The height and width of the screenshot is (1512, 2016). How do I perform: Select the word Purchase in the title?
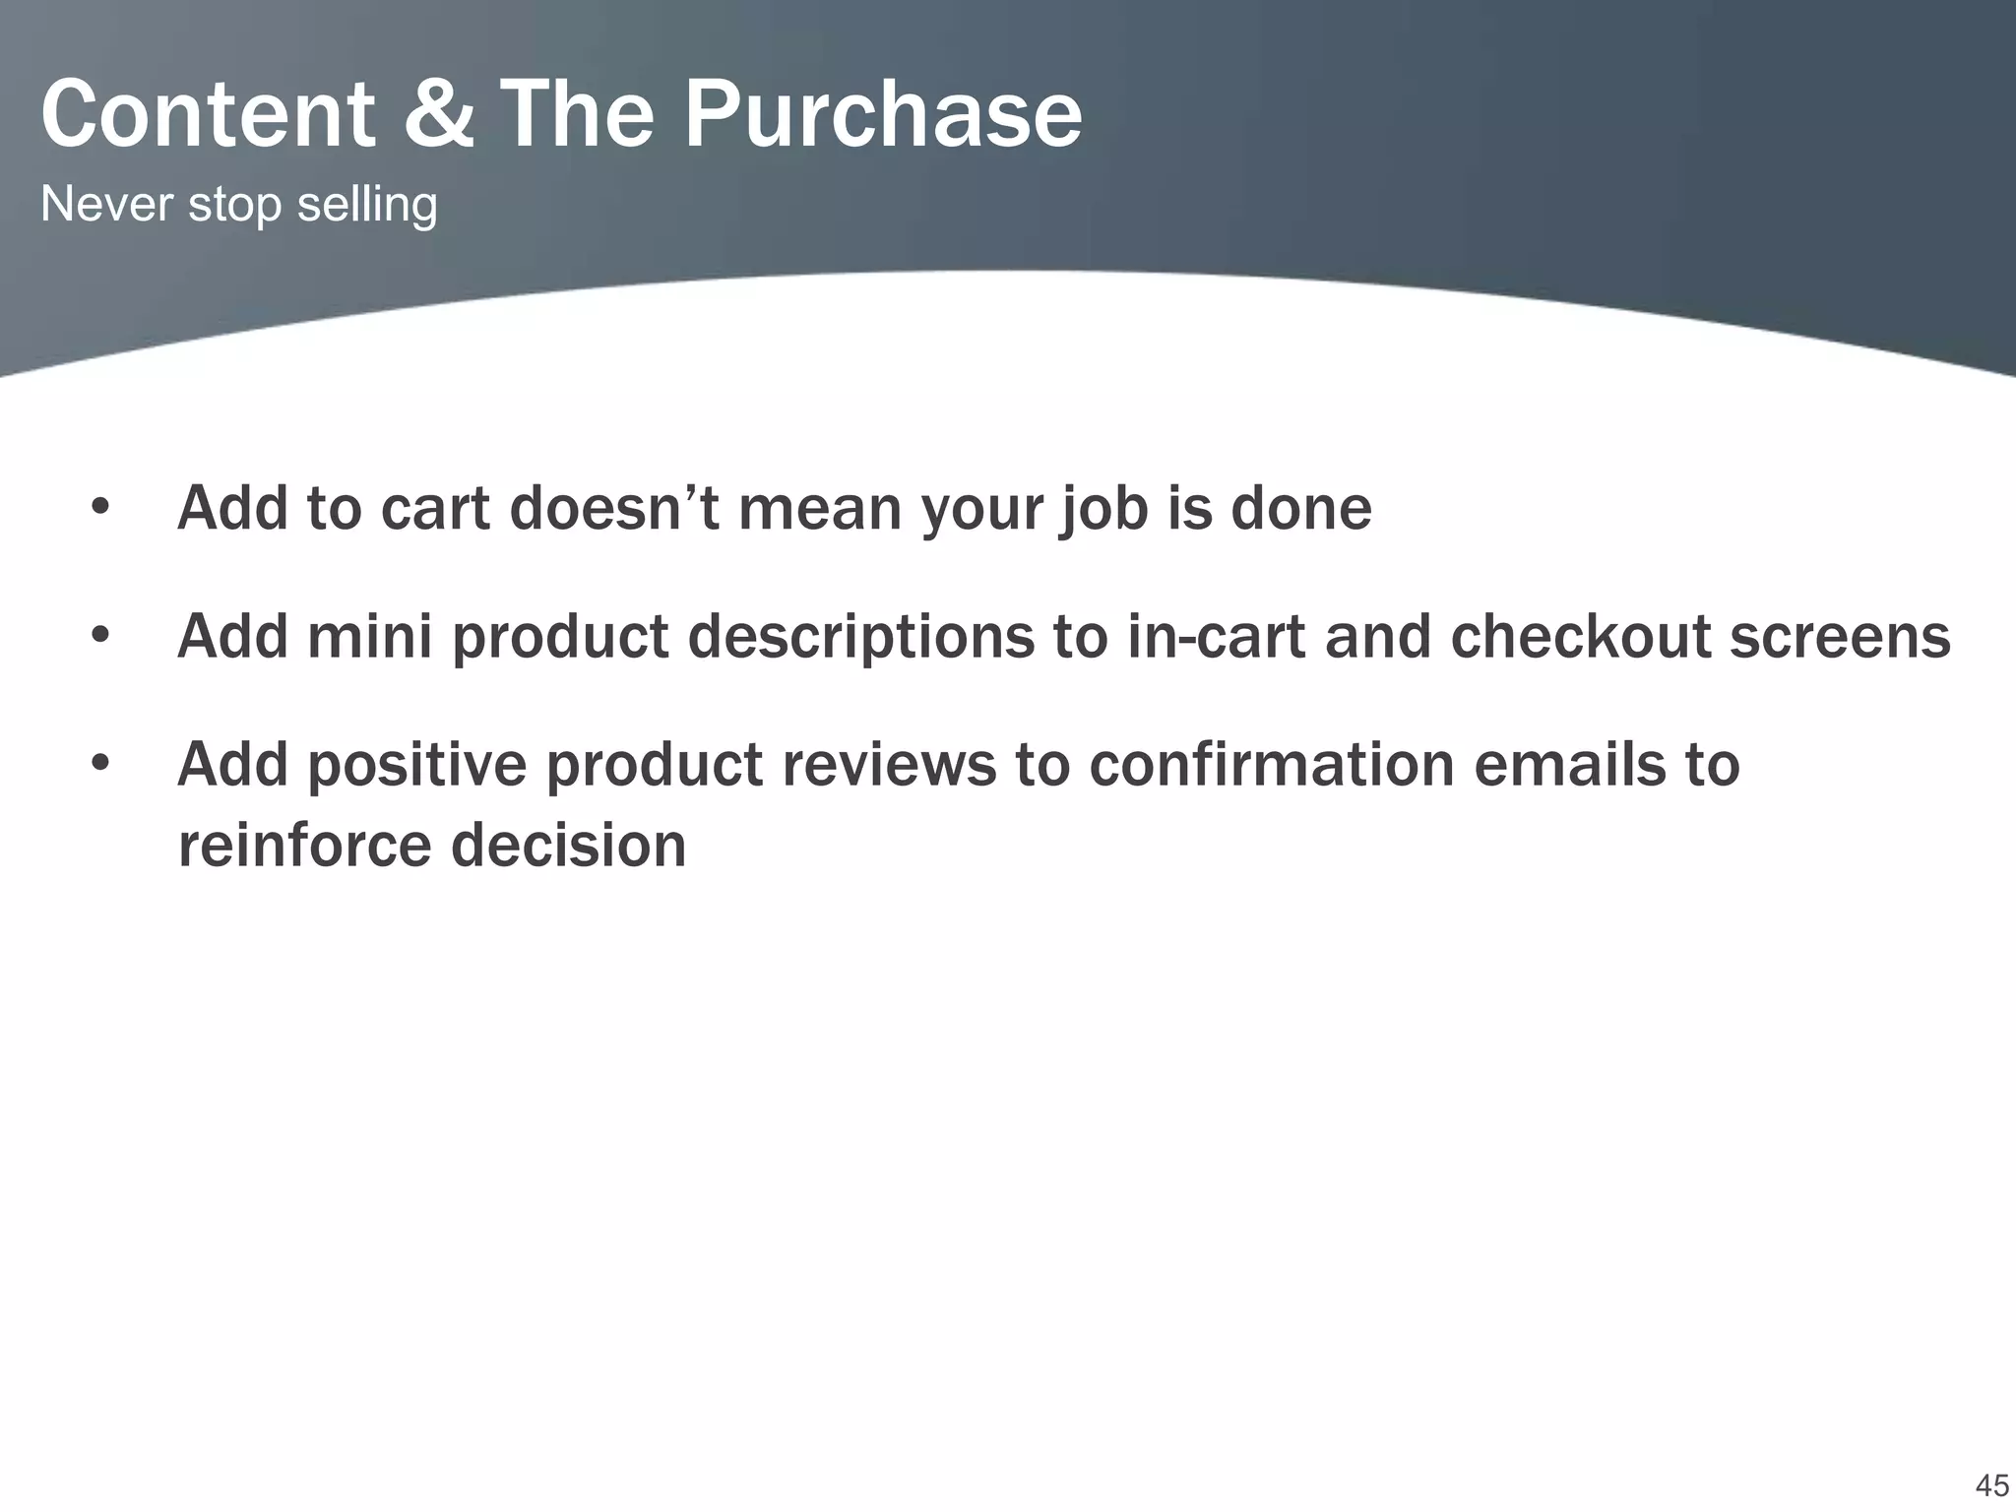pos(882,116)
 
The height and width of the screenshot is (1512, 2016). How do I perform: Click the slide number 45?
pos(1991,1484)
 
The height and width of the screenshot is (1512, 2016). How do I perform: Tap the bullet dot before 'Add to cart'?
pos(99,509)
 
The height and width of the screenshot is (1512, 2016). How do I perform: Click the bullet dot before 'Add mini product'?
pos(99,637)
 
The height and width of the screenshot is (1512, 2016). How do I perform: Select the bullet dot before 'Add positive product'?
pos(99,764)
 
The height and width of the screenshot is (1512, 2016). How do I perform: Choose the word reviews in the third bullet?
pos(889,765)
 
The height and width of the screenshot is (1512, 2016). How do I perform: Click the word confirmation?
pos(1271,765)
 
